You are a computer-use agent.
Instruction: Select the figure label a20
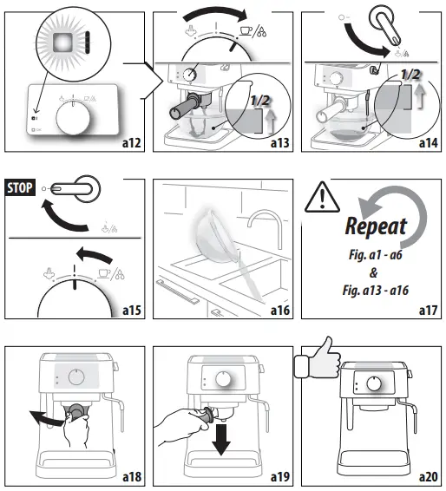point(427,477)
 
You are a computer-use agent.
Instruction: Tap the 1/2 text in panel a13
point(259,101)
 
